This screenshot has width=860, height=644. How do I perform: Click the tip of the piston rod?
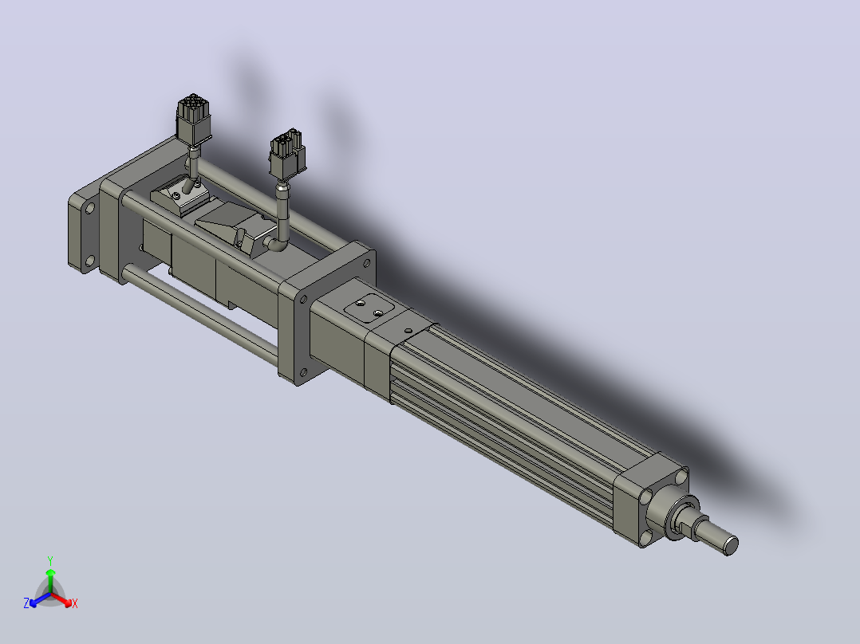point(731,545)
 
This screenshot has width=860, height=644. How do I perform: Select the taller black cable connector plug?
point(193,120)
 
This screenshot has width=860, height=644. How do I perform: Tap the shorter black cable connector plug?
point(287,154)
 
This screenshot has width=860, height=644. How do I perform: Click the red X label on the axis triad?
point(75,603)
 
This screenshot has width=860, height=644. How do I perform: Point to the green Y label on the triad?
point(50,560)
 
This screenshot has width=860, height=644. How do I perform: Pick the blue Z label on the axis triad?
point(26,603)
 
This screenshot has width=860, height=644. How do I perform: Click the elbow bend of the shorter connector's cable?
point(278,243)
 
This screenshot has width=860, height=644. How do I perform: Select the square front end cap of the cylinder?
point(651,499)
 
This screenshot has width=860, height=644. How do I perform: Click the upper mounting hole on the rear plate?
point(89,208)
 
